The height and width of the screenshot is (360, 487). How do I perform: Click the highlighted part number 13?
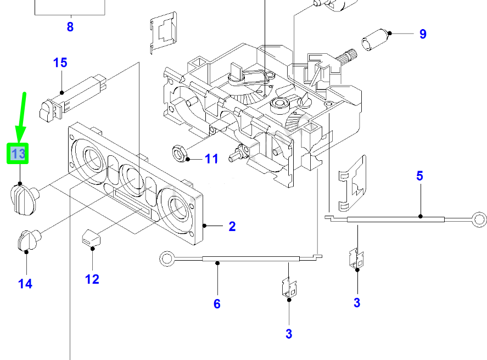(x=18, y=154)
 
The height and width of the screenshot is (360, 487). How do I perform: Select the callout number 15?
(x=60, y=63)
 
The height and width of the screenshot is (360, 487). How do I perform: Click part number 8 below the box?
(x=70, y=26)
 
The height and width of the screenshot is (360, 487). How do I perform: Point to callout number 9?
(x=422, y=34)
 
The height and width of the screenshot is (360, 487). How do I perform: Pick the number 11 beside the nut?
(x=211, y=159)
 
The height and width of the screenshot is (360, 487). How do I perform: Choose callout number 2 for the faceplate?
(x=232, y=226)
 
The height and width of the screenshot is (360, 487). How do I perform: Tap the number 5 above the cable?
(x=419, y=176)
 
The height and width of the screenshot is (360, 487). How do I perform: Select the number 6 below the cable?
(x=217, y=303)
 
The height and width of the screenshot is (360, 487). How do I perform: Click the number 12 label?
(x=92, y=279)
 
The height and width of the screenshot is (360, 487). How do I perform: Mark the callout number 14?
(x=25, y=284)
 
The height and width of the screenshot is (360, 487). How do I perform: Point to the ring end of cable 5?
(x=479, y=220)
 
